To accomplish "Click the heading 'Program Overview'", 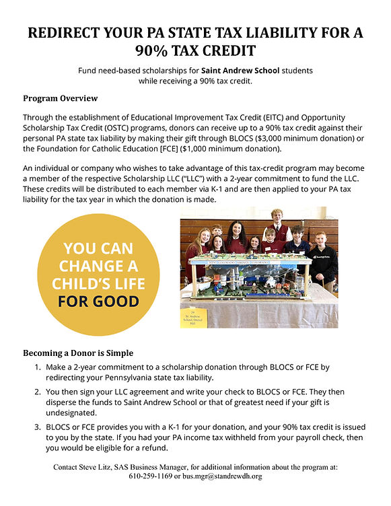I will [60, 98].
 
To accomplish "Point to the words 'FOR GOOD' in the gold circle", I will [98, 300].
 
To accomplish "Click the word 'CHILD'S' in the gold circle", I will [98, 283].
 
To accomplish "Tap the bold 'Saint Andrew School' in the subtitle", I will [239, 70].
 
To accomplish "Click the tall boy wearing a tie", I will [277, 229].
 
